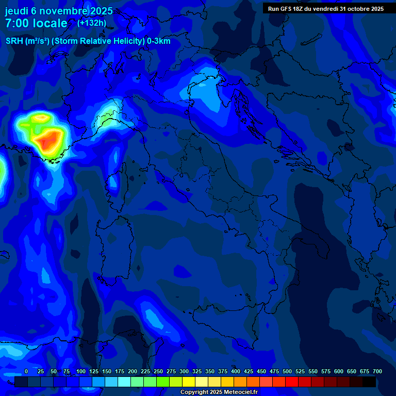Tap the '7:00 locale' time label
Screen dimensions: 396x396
pos(36,24)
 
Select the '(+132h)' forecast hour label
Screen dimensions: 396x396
pos(92,23)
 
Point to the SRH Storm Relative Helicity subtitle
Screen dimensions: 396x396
pos(88,41)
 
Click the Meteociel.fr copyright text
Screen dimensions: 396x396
pos(219,392)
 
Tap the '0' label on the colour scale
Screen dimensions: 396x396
pos(26,371)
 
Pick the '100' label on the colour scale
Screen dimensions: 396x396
pos(81,371)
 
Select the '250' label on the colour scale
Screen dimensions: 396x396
pos(158,371)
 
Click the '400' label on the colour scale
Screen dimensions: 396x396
pos(236,371)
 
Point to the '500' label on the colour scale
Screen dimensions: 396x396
pos(287,371)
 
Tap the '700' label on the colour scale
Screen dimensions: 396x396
pos(377,371)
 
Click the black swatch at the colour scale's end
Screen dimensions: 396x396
pos(369,382)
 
